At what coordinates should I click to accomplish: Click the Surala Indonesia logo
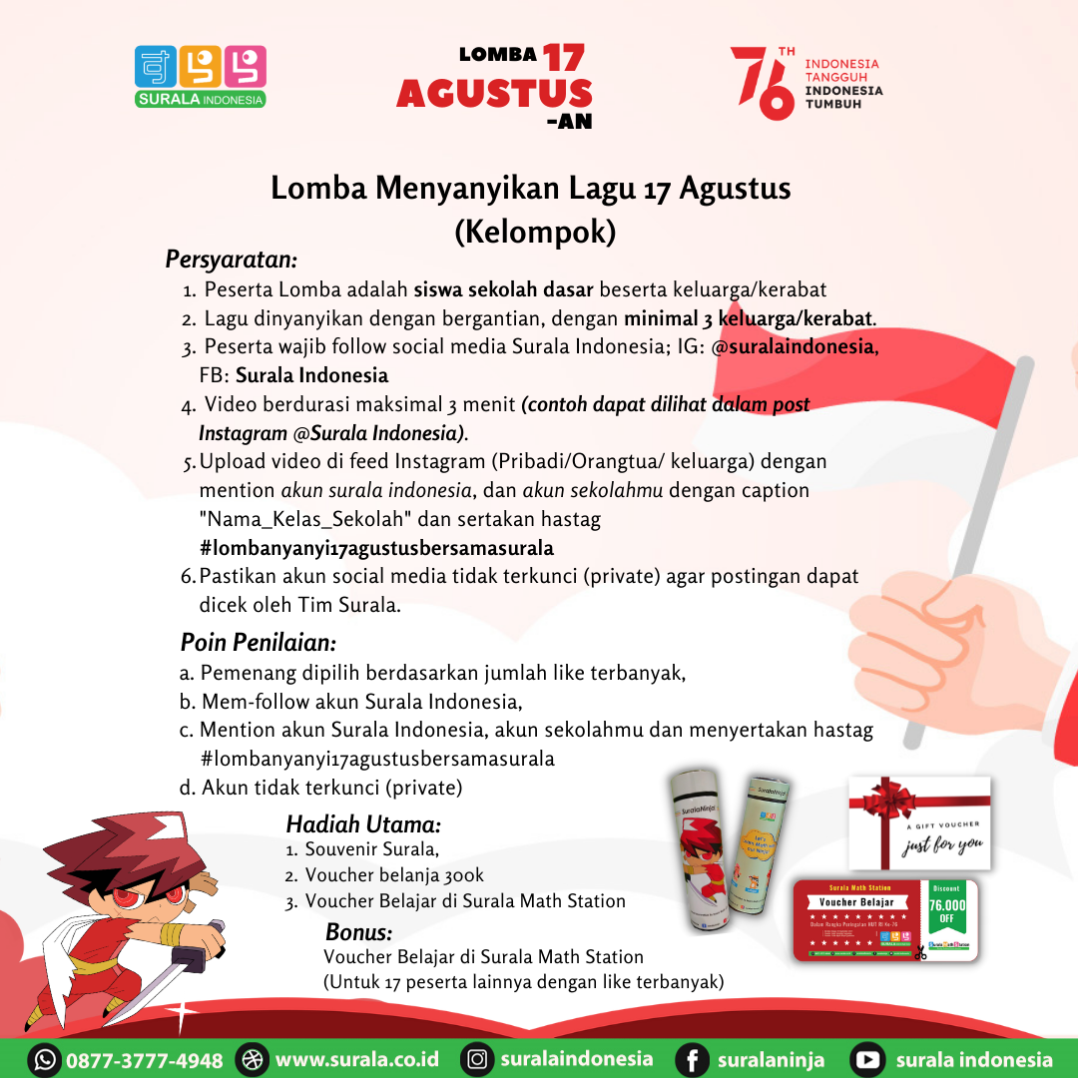tap(201, 76)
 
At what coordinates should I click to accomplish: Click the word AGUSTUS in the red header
tap(494, 93)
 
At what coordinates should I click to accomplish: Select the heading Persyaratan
tap(232, 260)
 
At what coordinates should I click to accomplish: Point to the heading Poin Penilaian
tap(258, 641)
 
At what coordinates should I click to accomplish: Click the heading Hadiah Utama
tap(363, 824)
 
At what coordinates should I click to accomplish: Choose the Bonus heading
tap(358, 932)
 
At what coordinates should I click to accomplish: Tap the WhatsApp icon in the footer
tap(45, 1059)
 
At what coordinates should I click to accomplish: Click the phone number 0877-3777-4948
tap(145, 1059)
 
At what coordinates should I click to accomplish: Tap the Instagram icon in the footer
tap(478, 1059)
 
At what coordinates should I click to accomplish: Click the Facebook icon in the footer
tap(692, 1059)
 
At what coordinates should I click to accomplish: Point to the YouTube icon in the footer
tap(868, 1059)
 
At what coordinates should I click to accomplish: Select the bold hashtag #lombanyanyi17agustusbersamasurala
tap(376, 548)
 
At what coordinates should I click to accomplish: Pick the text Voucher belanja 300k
tap(394, 875)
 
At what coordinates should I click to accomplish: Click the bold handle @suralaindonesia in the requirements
tap(795, 347)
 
